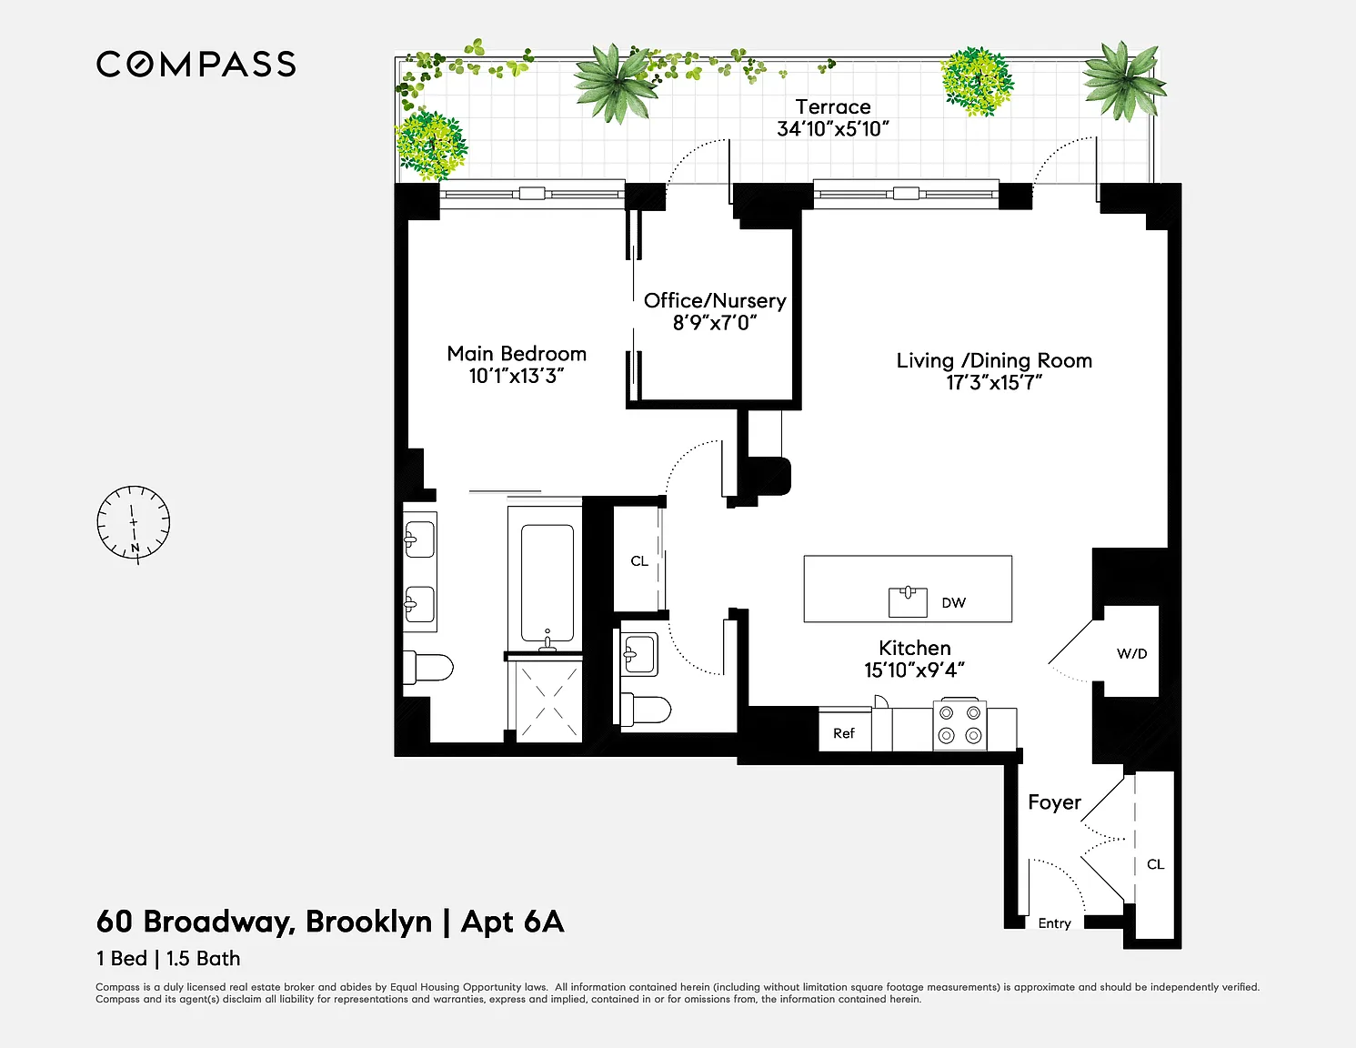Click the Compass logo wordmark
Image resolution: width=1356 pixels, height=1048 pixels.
(196, 65)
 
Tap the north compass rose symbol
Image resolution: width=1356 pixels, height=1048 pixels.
(134, 523)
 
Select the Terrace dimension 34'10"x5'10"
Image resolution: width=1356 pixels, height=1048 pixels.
(832, 129)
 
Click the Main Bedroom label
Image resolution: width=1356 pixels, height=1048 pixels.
(517, 354)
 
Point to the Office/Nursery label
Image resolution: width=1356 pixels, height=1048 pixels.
(715, 301)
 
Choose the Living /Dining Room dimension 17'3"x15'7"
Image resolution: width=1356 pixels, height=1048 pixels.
(994, 383)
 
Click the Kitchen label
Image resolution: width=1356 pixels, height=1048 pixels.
(915, 648)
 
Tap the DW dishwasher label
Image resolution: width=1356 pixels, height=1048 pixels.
(953, 603)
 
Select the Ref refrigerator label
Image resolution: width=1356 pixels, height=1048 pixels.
(844, 733)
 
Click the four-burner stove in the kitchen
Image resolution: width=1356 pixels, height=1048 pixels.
(959, 725)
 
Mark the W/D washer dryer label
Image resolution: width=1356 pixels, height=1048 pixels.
(1132, 653)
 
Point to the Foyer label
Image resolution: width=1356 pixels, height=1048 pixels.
(1055, 802)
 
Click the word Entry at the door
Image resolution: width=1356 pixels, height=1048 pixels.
(1055, 923)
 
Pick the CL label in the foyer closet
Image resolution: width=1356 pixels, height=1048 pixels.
(1156, 864)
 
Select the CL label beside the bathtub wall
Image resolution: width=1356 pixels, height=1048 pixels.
(639, 561)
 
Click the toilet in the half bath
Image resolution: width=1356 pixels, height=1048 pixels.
(645, 710)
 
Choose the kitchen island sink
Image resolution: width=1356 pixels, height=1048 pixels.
(908, 601)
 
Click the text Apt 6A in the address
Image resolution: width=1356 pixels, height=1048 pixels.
(512, 922)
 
